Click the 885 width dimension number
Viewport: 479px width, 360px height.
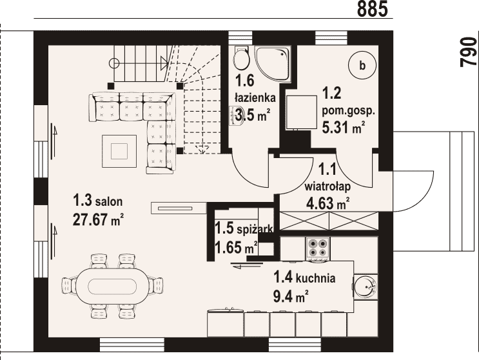point(372,8)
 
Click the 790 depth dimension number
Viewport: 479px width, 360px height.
point(469,52)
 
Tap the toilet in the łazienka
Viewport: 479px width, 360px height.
point(241,58)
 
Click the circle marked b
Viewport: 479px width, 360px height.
point(362,65)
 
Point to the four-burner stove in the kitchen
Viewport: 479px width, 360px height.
point(318,247)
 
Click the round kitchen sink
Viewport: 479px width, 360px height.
point(366,286)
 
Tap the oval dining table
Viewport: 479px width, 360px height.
point(112,286)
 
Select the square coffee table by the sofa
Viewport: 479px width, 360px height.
point(119,151)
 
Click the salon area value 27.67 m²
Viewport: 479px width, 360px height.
point(99,219)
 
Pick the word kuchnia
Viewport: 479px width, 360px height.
point(316,278)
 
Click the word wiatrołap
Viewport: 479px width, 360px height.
point(327,186)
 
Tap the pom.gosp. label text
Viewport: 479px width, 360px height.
point(349,111)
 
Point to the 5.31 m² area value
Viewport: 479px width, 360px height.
point(344,127)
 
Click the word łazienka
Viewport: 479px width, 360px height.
point(255,98)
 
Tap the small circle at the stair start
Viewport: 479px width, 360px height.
point(115,63)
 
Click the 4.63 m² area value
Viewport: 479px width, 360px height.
point(327,203)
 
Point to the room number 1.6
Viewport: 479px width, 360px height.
point(245,81)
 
